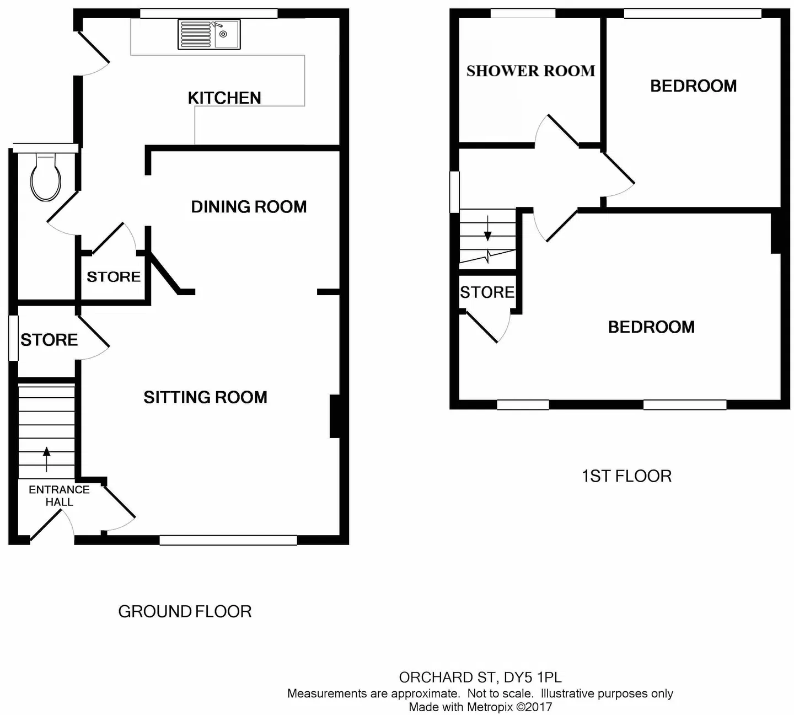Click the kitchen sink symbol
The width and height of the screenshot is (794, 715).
[209, 34]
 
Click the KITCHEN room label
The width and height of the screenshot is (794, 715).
[224, 98]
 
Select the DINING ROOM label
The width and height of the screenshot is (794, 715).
[249, 207]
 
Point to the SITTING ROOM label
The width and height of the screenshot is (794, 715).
[205, 397]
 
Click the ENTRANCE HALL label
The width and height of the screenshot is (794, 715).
[59, 495]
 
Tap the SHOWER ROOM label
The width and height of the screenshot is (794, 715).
[530, 71]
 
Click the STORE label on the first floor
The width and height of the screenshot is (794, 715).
[487, 292]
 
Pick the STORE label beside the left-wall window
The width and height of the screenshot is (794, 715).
[49, 340]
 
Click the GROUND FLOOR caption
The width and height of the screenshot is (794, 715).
[185, 611]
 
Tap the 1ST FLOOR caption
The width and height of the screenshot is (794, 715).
[626, 476]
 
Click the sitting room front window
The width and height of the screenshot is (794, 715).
[228, 540]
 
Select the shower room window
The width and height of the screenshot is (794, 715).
[523, 14]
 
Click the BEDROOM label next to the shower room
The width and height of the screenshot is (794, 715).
[693, 86]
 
